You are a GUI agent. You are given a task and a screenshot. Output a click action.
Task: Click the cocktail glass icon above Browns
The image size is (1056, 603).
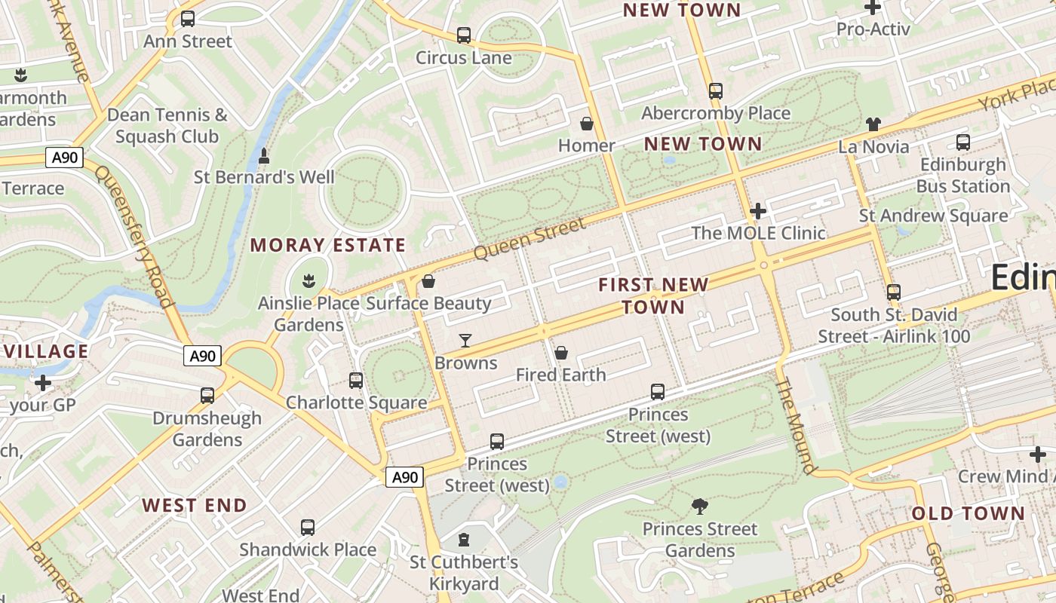tap(465, 341)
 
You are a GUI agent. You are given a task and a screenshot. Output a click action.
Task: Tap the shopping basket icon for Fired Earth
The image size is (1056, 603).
tap(561, 353)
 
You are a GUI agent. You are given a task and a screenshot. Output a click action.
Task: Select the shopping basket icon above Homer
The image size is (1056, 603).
tap(587, 124)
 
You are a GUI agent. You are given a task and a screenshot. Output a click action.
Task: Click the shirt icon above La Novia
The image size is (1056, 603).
tap(873, 124)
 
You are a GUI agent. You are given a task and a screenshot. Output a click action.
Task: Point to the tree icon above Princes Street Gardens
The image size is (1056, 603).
tap(700, 507)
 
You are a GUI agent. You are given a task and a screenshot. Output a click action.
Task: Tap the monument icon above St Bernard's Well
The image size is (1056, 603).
tap(264, 156)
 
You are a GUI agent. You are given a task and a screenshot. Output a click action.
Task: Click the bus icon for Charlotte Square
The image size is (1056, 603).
tap(356, 381)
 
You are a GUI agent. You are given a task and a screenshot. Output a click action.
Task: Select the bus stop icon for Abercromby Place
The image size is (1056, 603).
tap(716, 91)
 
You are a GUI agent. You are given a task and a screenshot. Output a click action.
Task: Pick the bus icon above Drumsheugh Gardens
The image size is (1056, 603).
tap(207, 396)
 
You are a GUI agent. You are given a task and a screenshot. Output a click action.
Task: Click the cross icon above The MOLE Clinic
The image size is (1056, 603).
tap(758, 211)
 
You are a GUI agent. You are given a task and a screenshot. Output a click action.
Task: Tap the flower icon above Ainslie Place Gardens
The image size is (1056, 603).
tap(308, 282)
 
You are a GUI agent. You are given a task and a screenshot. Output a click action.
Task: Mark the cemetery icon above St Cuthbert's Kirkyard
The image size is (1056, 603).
tap(464, 540)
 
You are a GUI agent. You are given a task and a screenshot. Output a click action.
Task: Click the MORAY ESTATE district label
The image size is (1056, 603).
tap(328, 245)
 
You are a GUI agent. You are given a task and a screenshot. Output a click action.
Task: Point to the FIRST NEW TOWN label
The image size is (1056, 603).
tap(653, 295)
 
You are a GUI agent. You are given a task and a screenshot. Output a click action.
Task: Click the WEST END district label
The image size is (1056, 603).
tap(195, 505)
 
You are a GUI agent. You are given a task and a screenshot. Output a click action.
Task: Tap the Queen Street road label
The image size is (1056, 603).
tap(530, 239)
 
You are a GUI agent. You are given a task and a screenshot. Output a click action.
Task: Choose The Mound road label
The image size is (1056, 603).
tap(796, 426)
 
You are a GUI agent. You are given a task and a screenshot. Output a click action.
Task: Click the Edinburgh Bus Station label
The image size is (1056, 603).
tap(963, 175)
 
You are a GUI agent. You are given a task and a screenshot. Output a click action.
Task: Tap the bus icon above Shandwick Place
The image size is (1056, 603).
tap(308, 528)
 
